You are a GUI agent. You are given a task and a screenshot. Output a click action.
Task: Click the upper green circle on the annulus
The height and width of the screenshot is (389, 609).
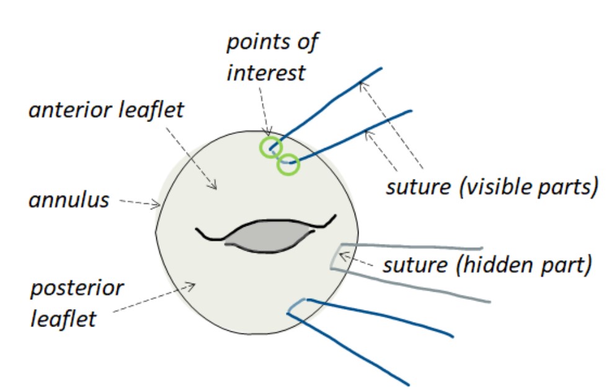271,147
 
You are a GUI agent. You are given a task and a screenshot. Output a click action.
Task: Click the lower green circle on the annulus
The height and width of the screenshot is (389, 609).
288,165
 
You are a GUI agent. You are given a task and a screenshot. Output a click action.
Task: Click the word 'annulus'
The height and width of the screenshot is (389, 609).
69,200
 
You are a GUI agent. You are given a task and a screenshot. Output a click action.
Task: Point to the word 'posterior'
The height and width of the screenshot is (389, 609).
76,289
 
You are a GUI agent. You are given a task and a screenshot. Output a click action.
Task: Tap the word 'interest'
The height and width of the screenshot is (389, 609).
266,72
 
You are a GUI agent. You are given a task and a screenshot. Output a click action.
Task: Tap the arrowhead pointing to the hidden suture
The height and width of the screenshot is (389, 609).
341,255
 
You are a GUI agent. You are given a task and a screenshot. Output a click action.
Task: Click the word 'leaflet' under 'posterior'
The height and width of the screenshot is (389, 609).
63,318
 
